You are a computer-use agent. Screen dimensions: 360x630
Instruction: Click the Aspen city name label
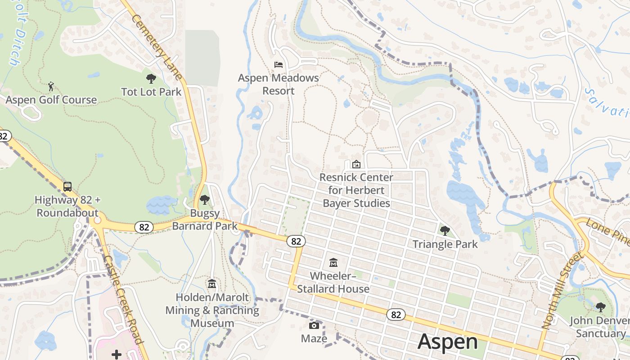click(447, 342)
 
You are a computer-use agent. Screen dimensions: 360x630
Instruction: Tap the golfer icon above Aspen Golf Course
click(51, 85)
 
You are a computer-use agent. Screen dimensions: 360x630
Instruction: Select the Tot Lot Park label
click(151, 92)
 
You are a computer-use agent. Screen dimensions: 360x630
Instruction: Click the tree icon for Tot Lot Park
click(151, 79)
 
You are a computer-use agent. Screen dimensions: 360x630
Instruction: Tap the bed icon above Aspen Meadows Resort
click(279, 65)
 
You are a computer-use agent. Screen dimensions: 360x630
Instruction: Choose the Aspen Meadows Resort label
click(279, 84)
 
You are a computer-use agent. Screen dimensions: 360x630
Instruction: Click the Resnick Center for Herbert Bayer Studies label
click(356, 190)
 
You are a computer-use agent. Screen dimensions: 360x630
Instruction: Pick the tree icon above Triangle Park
click(445, 231)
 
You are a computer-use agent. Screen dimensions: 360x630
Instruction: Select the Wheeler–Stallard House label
click(333, 282)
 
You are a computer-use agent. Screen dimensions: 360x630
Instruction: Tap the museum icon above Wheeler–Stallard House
click(333, 262)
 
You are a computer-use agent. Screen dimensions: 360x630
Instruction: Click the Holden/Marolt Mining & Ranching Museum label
click(212, 310)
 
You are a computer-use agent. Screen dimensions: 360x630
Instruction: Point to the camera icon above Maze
click(314, 325)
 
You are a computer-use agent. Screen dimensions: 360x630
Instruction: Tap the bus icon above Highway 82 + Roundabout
click(67, 186)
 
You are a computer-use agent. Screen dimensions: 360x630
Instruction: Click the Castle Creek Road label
click(123, 299)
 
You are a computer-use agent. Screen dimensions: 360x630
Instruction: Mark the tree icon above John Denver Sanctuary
click(600, 307)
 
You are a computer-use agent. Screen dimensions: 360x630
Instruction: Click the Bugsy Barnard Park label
click(205, 219)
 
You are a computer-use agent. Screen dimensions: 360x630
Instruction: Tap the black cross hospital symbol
click(117, 355)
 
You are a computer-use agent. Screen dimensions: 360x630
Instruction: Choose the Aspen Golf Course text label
click(51, 99)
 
